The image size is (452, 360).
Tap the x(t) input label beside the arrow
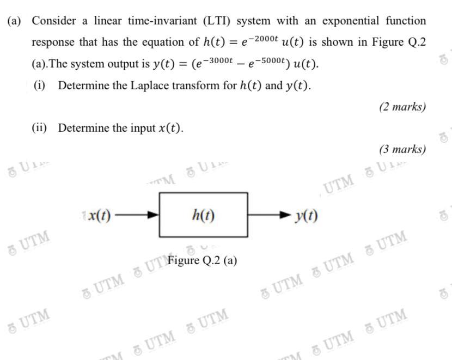coord(100,216)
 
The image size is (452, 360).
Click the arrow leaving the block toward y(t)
coord(270,216)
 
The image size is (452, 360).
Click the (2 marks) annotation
coord(402,107)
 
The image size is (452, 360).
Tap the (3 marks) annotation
coord(402,149)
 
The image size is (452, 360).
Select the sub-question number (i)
coord(40,86)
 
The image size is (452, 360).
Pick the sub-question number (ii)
coord(40,128)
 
